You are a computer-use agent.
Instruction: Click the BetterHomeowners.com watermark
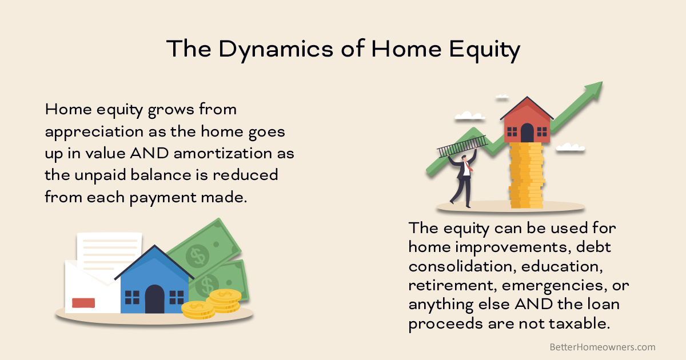(x=602, y=347)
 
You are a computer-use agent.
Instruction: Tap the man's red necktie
(x=467, y=167)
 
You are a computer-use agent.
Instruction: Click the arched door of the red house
(x=527, y=133)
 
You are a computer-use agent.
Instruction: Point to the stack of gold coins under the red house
(x=526, y=174)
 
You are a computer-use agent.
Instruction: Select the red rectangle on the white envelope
(x=83, y=303)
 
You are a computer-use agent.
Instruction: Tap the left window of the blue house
(x=132, y=297)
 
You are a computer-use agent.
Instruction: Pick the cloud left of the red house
(x=469, y=116)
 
